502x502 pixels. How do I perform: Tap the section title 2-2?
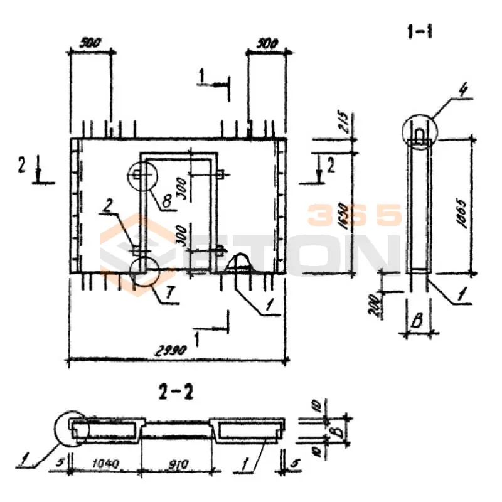(x=176, y=393)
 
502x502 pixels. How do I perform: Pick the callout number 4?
(x=462, y=91)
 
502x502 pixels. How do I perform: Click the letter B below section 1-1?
(x=415, y=324)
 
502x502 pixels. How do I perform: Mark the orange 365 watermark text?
(x=354, y=216)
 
